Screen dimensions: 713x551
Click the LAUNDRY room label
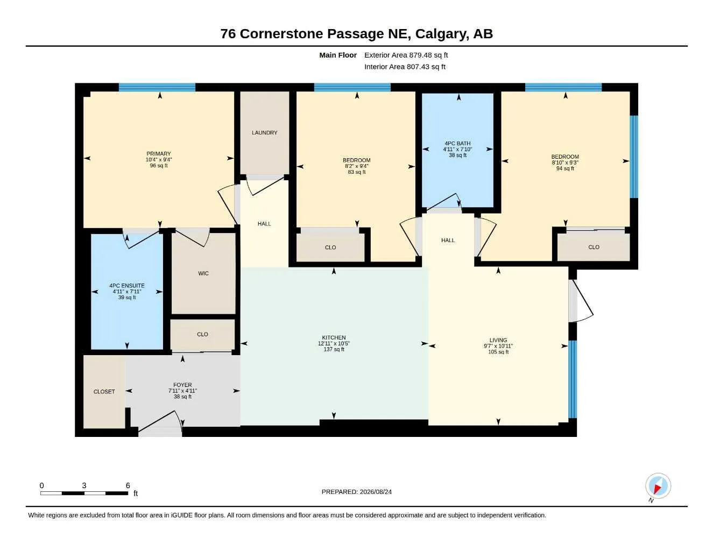264,132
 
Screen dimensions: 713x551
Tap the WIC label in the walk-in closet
203,273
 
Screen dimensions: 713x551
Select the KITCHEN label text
334,337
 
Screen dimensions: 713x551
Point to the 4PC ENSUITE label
127,286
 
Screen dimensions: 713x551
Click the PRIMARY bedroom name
159,153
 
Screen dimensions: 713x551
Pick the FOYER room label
182,385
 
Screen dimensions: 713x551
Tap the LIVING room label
498,340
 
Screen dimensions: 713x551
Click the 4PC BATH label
457,143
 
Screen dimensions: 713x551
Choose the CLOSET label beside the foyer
104,392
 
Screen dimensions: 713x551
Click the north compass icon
658,486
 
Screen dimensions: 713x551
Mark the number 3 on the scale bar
84,485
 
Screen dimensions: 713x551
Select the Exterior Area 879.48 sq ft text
406,55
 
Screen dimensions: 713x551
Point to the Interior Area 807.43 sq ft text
405,67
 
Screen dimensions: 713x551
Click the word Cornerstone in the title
281,34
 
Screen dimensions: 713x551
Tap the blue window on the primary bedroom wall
157,87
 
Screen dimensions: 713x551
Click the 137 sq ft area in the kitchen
334,349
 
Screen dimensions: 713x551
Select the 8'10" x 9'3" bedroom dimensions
565,163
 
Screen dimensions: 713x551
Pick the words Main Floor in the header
338,55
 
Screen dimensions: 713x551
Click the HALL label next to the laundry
264,224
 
